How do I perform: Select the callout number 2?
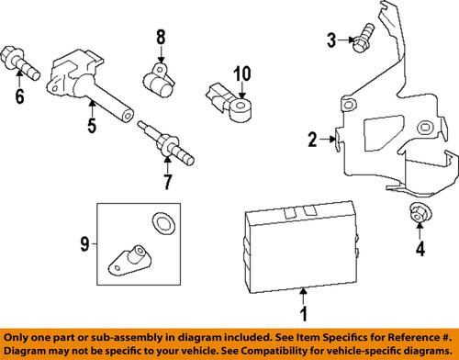point(312,140)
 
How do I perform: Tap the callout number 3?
point(332,39)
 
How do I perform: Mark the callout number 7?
point(166,181)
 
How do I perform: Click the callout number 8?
point(160,38)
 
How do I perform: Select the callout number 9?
point(84,243)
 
